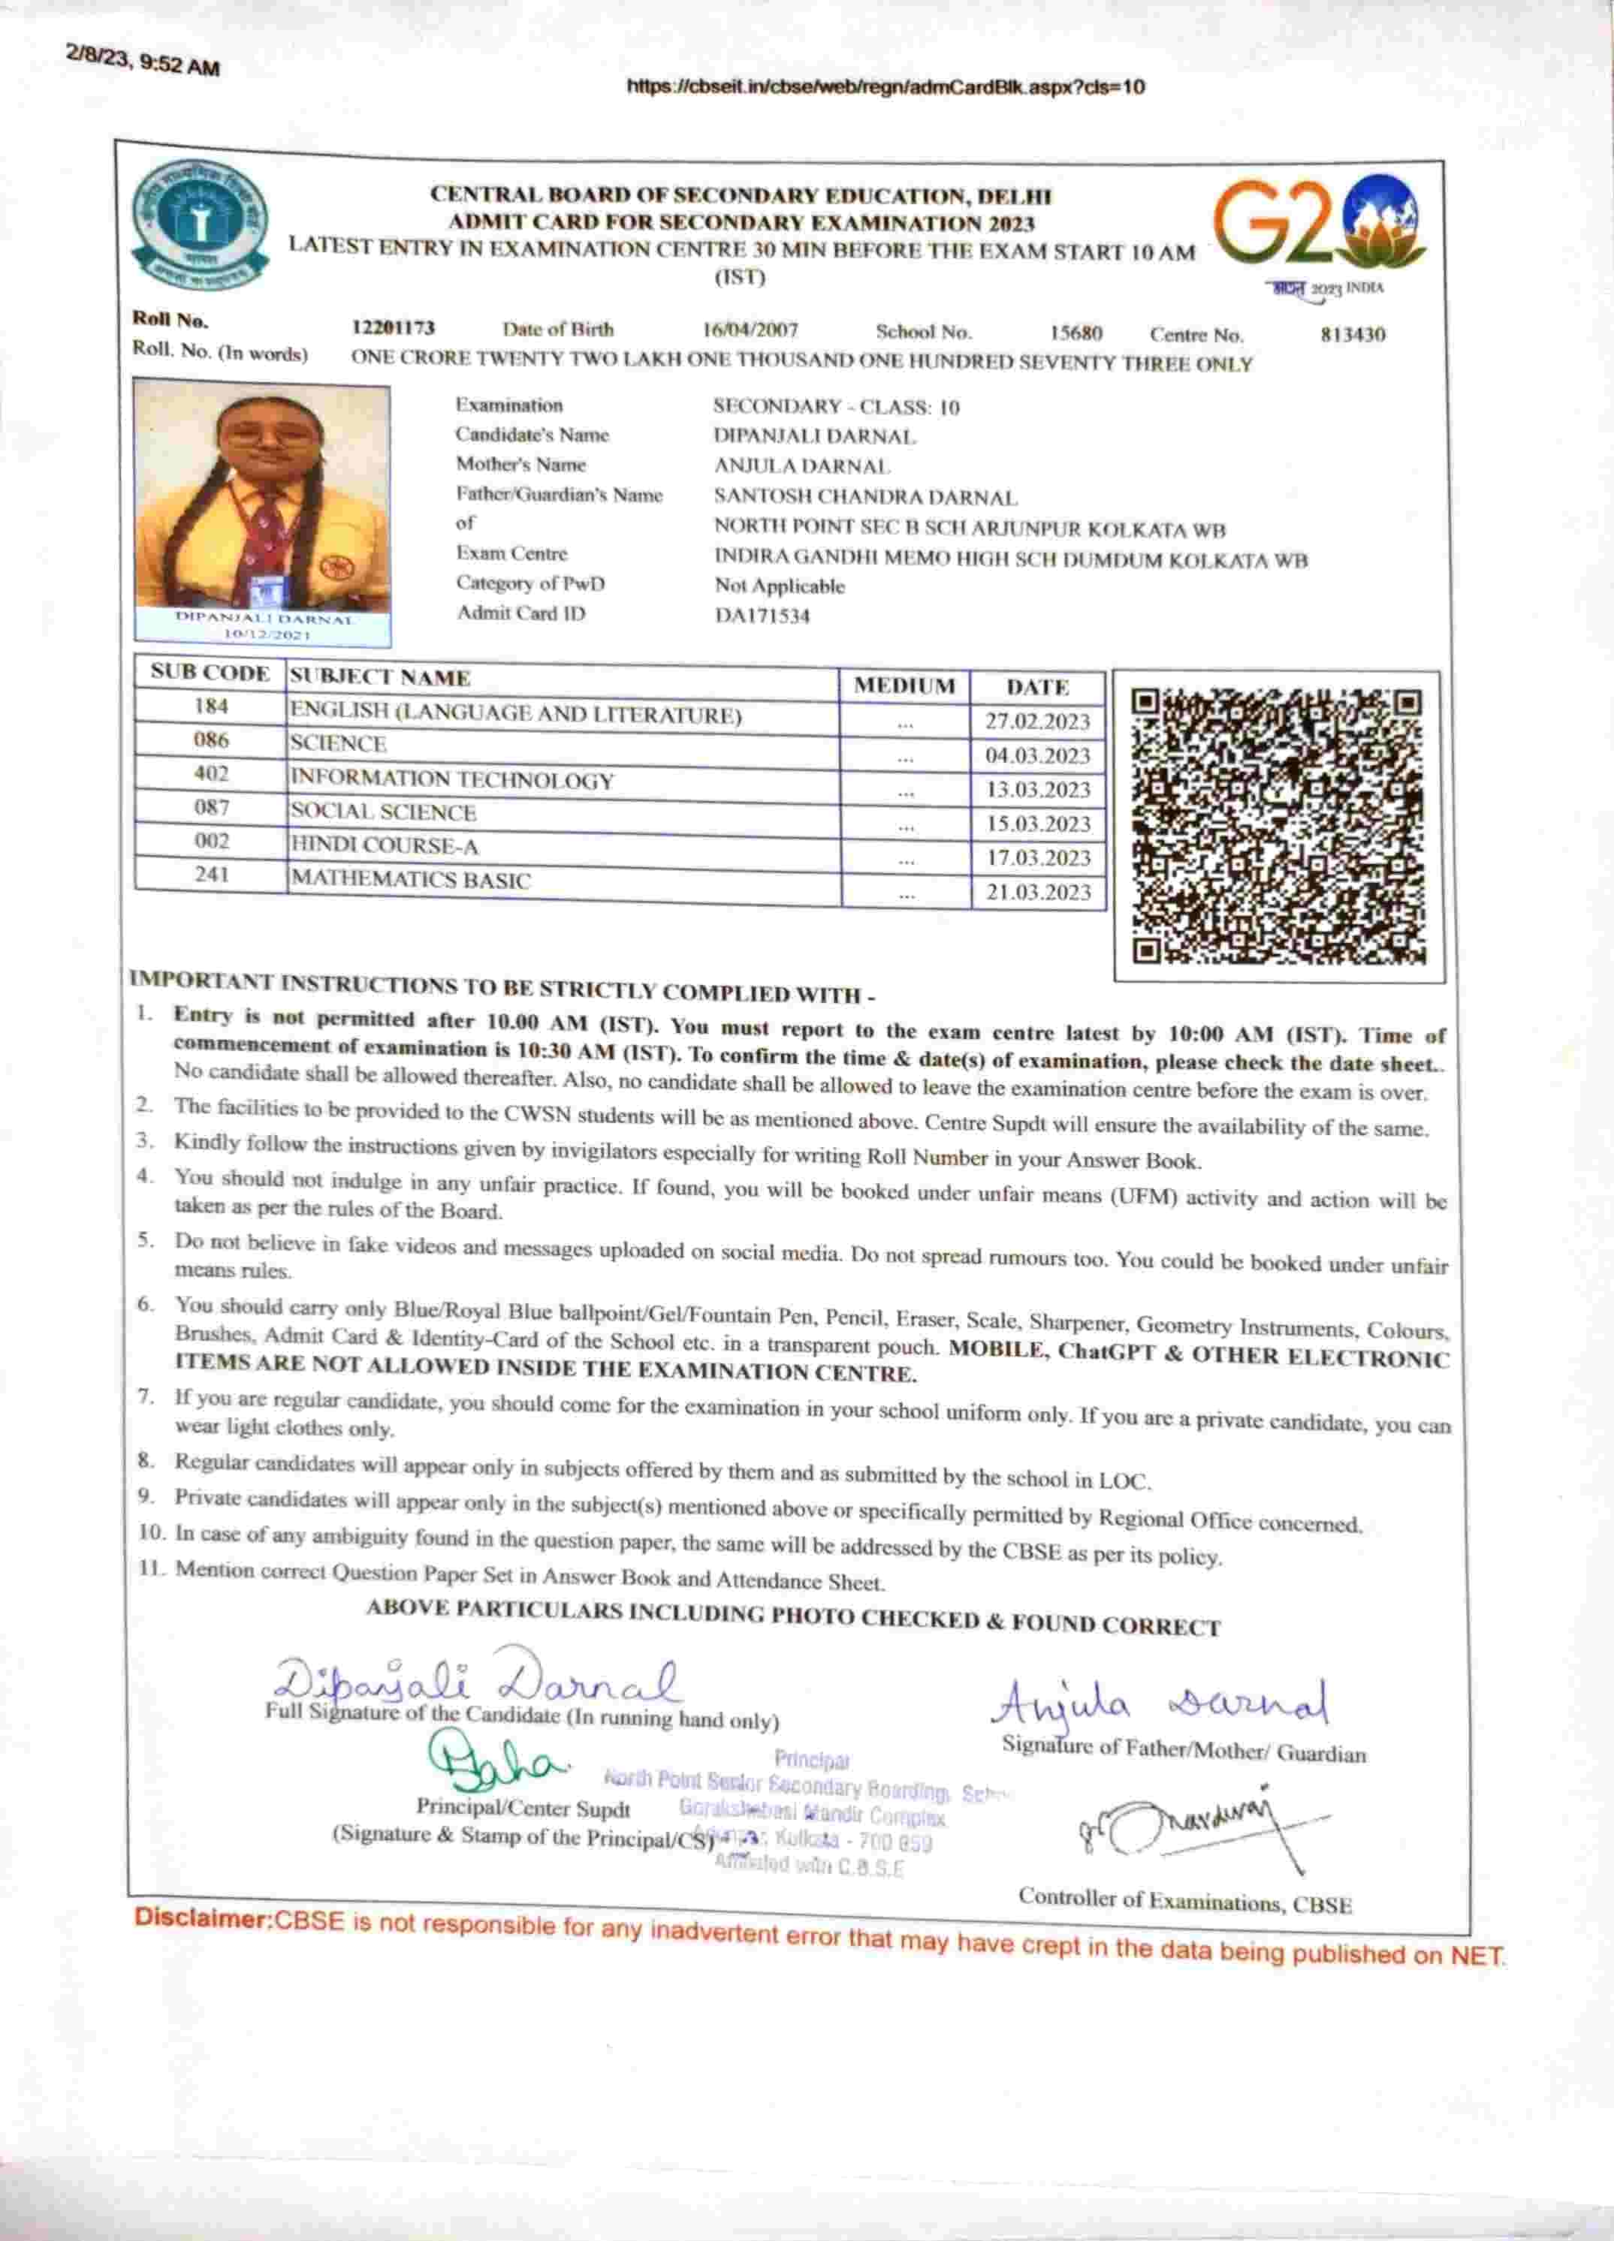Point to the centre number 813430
pos(1352,335)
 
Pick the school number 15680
pos(1075,334)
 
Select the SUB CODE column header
pos(210,674)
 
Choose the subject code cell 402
pos(212,774)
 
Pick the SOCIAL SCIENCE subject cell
pos(384,812)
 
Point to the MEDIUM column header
pos(904,685)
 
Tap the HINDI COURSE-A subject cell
pos(385,846)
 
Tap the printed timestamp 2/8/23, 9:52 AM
pos(143,63)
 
